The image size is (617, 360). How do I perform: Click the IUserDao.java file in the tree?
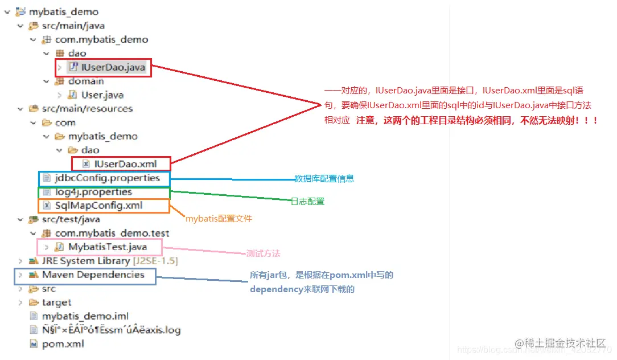[x=113, y=67]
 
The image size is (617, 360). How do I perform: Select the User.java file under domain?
[x=102, y=95]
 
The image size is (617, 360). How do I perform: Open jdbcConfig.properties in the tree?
[x=107, y=178]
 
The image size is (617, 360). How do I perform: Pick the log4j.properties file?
[x=93, y=192]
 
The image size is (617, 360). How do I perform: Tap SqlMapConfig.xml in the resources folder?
[x=98, y=206]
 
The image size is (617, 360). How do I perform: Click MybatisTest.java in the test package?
[x=107, y=247]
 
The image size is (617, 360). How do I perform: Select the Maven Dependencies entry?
[x=93, y=275]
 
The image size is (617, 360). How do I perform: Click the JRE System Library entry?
[x=85, y=261]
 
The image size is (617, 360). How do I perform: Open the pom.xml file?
[x=63, y=343]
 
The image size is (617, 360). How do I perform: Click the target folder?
[x=56, y=302]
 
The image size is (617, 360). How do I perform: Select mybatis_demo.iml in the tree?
[x=85, y=316]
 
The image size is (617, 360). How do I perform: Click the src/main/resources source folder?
[x=87, y=108]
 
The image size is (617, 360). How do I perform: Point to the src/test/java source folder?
[x=71, y=219]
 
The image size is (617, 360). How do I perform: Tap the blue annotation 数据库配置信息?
[x=324, y=179]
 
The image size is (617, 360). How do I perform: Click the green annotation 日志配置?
[x=307, y=202]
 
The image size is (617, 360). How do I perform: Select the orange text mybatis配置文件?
[x=219, y=218]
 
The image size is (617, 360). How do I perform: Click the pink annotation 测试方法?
[x=263, y=253]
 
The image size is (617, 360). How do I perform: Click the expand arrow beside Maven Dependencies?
[x=20, y=275]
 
